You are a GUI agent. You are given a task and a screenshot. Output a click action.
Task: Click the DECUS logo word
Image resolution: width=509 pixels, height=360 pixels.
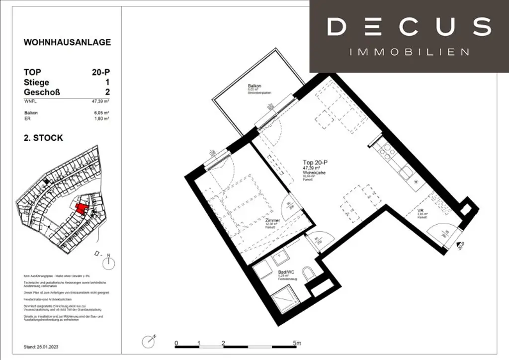[409, 27]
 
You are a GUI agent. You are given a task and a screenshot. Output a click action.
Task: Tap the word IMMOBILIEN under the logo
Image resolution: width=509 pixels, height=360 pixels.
[410, 52]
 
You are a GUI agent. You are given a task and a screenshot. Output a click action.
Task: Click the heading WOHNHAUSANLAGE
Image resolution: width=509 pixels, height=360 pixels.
[67, 42]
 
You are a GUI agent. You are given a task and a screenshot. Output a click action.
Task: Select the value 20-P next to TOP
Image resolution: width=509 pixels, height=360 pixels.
[101, 72]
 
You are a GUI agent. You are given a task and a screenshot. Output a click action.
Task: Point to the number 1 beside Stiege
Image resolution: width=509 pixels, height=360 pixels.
[107, 82]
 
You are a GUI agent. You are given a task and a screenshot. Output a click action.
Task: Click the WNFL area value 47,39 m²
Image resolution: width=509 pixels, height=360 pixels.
[100, 101]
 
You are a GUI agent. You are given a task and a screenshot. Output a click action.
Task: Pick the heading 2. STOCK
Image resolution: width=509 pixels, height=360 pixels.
[43, 138]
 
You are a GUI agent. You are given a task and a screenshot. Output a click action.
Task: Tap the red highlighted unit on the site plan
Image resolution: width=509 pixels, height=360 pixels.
[80, 207]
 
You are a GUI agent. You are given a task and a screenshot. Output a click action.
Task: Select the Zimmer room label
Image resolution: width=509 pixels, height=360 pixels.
[273, 220]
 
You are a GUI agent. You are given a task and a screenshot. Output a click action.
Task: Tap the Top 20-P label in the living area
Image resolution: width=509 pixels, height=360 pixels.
[316, 162]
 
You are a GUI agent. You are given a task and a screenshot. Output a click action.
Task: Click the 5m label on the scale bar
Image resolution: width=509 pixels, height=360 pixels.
[296, 344]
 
